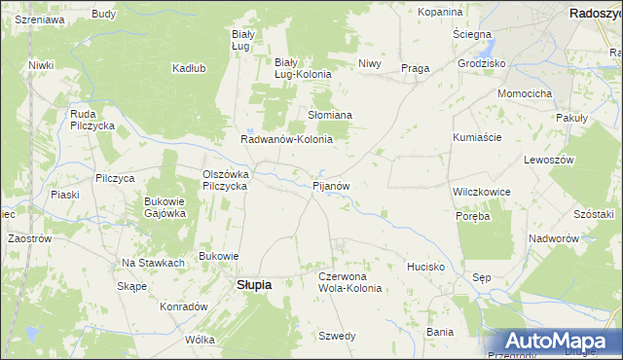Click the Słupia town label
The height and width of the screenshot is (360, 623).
tap(254, 285)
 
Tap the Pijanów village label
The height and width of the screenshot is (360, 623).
tap(330, 184)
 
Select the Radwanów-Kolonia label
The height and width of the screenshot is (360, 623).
tap(287, 139)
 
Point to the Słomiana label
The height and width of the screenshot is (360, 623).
tap(330, 115)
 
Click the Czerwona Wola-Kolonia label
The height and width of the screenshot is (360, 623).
tap(349, 282)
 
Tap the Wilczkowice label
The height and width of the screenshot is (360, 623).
tap(482, 193)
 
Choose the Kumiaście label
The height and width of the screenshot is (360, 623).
tap(476, 137)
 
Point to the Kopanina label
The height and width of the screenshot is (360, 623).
tap(439, 12)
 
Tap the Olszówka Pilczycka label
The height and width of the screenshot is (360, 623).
tap(226, 180)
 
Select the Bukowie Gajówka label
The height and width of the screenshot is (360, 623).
tap(165, 207)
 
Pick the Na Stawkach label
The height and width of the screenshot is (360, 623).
tap(153, 263)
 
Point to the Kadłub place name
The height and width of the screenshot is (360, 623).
tap(188, 68)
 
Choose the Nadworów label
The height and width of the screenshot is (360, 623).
tap(554, 238)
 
